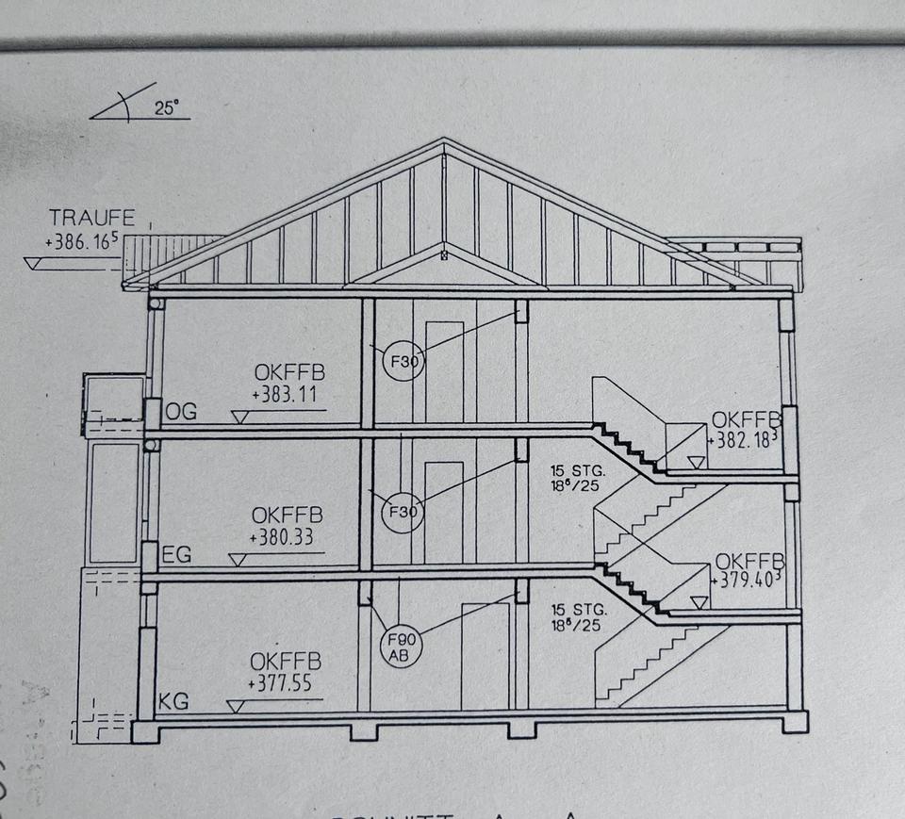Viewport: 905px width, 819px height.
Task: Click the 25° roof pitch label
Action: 166,107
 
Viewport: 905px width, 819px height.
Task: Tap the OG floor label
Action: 181,413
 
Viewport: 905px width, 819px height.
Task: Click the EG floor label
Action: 176,555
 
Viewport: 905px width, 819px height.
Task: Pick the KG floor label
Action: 174,701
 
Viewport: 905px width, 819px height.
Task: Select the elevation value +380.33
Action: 282,539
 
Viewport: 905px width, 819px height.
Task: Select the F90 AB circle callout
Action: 400,648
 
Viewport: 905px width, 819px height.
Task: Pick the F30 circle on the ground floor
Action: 402,513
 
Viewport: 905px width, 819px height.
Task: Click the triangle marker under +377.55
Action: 235,705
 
